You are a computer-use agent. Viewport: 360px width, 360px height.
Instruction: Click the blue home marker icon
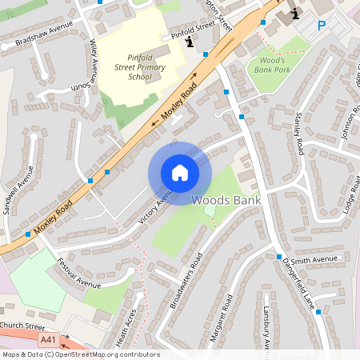pyautogui.click(x=180, y=172)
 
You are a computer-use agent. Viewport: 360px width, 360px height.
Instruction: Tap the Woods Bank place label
pyautogui.click(x=226, y=200)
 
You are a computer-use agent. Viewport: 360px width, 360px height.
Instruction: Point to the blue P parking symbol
pyautogui.click(x=322, y=25)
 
